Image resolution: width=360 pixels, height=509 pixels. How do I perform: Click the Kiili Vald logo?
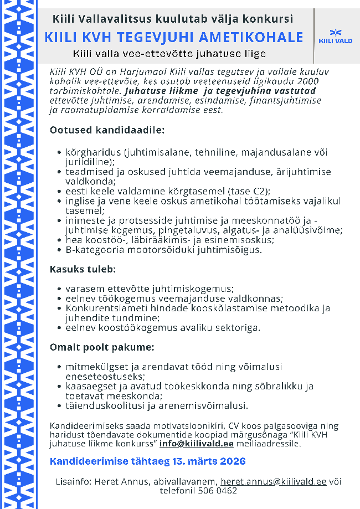coord(336,36)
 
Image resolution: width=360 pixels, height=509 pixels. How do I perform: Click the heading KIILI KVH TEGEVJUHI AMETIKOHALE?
coord(174,37)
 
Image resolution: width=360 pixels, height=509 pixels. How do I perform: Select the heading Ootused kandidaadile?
coord(107,131)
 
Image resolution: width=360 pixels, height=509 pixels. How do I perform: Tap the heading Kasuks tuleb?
coord(83,270)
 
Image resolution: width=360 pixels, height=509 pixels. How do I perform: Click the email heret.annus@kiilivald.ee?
coord(273,481)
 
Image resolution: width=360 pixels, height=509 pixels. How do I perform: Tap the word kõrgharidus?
coord(93,151)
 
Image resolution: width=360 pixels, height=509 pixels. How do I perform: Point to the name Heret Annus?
coord(122,481)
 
